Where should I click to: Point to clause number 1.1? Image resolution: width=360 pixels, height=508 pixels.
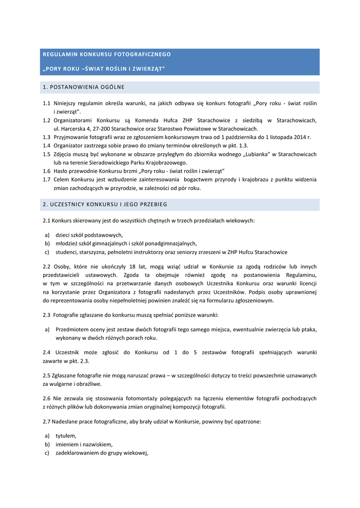coord(47,103)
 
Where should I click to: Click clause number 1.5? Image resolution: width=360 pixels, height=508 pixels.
coord(47,154)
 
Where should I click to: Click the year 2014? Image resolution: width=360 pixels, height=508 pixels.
coord(299,137)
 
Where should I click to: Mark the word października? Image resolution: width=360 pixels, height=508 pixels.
coord(233,137)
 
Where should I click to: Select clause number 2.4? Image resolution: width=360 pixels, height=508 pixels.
coord(47,352)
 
